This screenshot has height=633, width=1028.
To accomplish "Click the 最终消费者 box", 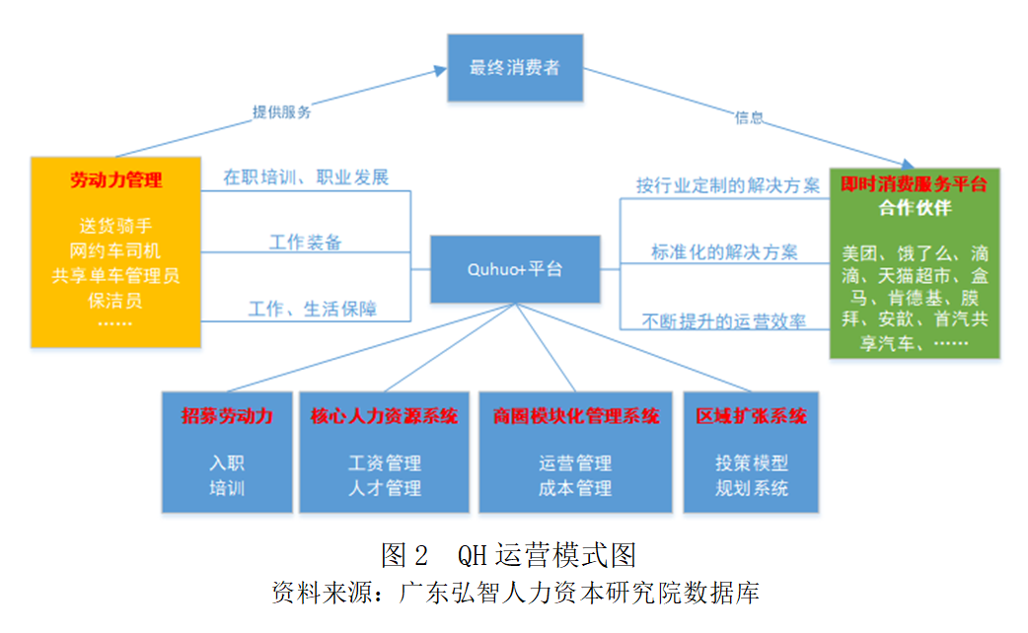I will pos(514,68).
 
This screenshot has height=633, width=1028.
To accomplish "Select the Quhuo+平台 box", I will pos(514,268).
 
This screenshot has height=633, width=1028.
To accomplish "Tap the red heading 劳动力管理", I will pos(116,180).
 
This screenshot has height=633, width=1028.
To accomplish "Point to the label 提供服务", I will pos(282,111).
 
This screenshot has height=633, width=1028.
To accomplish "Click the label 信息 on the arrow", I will pos(749,117).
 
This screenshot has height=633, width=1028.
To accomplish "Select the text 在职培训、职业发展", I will pos(306,177).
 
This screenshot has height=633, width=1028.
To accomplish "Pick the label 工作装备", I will pos(306,242).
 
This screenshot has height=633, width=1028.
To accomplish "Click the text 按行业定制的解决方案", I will pos(728,185).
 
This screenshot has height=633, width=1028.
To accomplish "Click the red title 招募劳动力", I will pos(227,416).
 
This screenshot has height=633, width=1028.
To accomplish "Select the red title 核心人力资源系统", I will pos(384,416).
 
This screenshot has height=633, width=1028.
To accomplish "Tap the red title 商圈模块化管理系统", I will pos(576,416).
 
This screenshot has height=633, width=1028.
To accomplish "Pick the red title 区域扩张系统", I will pos(751,416).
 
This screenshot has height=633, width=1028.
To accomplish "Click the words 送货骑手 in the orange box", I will pos(116,226).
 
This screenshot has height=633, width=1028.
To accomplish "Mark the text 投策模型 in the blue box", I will pos(752,462).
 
